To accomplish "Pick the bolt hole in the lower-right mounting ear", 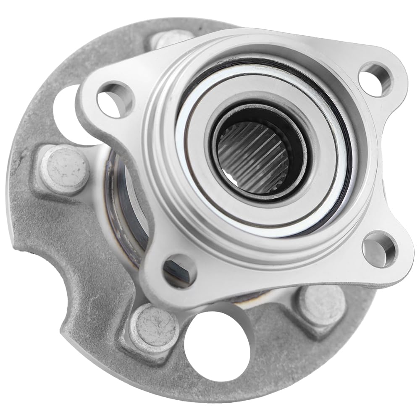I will (378, 249).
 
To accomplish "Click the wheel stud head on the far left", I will (65, 169).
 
